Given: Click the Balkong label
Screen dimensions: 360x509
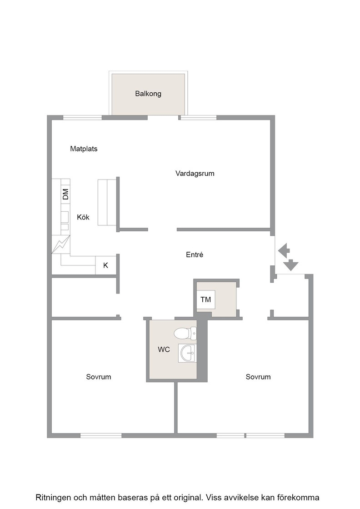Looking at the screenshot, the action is click(x=148, y=94).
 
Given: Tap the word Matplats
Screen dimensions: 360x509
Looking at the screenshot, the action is click(x=84, y=149).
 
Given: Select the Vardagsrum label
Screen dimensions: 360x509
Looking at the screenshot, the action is click(x=195, y=173).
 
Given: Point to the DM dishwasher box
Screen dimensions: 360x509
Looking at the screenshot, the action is click(x=65, y=195).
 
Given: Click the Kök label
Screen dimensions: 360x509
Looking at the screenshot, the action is click(x=83, y=217).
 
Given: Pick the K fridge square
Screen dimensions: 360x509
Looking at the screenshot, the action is click(x=106, y=265).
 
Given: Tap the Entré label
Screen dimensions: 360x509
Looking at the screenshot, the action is click(x=195, y=255).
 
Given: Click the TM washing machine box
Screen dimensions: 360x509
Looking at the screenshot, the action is click(x=206, y=299).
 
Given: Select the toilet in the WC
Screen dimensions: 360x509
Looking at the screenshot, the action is click(x=185, y=334).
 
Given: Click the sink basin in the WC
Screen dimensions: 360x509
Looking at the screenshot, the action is click(x=187, y=353).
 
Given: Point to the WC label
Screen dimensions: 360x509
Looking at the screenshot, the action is click(x=164, y=349).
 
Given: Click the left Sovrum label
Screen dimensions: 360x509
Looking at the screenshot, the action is click(x=98, y=377).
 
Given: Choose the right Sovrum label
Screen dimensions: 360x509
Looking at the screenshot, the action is click(x=258, y=377).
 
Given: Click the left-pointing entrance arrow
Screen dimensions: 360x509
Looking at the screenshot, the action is click(x=284, y=250).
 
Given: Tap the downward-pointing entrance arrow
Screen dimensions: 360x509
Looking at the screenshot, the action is click(x=291, y=265).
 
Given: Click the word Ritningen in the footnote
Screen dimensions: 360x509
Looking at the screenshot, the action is click(x=53, y=498).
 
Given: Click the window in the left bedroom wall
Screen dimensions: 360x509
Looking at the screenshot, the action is click(x=101, y=436).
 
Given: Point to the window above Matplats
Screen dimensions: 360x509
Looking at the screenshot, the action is click(x=82, y=118).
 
